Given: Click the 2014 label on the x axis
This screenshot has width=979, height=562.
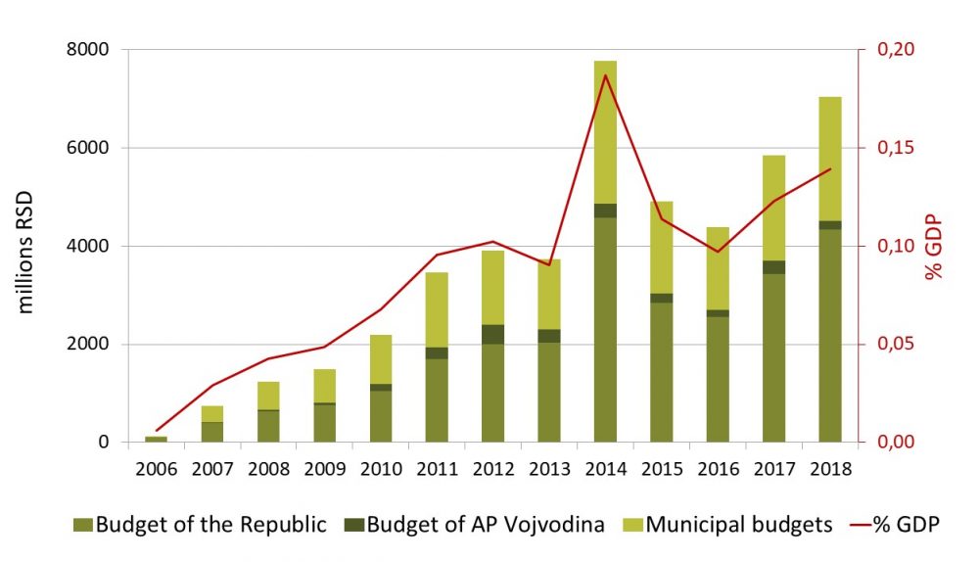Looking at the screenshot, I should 605,468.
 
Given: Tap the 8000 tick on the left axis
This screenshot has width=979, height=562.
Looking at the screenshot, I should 88,49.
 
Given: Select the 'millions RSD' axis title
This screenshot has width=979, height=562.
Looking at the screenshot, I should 26,246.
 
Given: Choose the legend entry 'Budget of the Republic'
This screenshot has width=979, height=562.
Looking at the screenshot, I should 200,525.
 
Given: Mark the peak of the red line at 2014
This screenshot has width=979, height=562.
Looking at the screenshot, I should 605,74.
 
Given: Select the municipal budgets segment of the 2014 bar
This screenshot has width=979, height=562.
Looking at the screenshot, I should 605,132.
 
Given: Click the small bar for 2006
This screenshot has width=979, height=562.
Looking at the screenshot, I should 156,440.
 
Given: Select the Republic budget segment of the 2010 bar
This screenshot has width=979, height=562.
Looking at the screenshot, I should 380,416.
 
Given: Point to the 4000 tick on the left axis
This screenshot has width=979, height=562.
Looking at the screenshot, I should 88,246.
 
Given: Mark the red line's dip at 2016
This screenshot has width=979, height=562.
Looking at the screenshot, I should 718,252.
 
